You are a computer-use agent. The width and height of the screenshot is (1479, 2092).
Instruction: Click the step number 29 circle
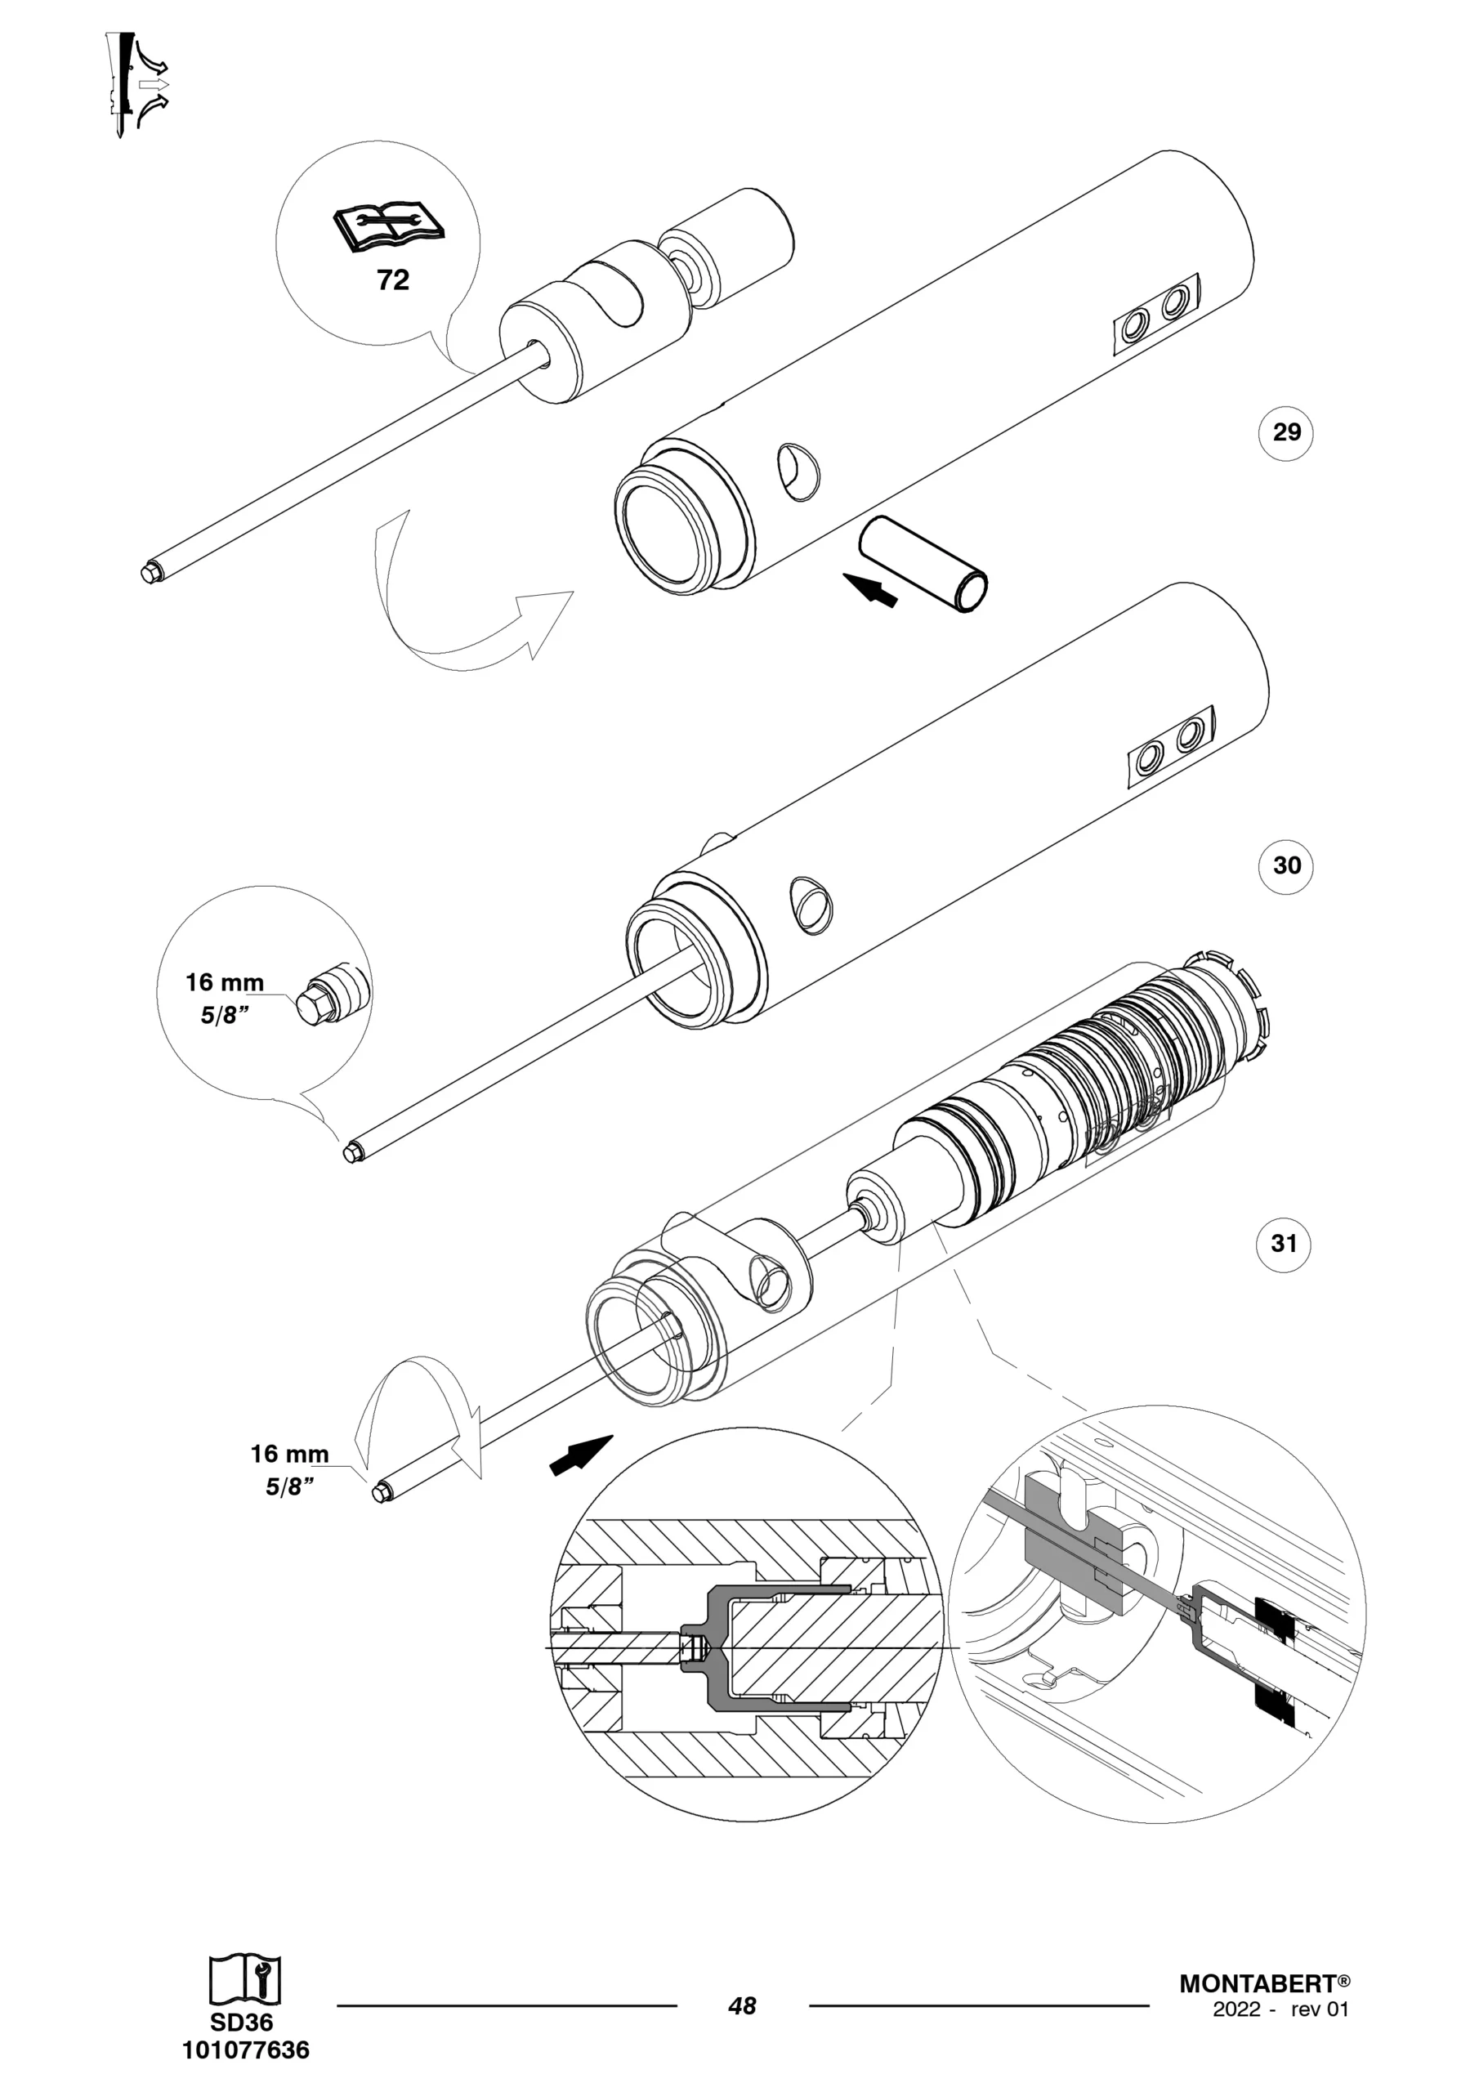1286,432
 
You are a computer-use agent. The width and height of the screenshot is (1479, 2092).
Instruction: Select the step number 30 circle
1286,865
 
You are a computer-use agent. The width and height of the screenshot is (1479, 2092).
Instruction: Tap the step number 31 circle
1284,1243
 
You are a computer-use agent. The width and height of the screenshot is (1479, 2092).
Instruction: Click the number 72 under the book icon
393,279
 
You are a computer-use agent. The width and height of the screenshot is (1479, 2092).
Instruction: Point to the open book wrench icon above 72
389,227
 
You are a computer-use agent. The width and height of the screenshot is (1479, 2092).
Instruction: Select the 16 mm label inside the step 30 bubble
224,982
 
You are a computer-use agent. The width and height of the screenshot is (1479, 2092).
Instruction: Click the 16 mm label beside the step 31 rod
289,1453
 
